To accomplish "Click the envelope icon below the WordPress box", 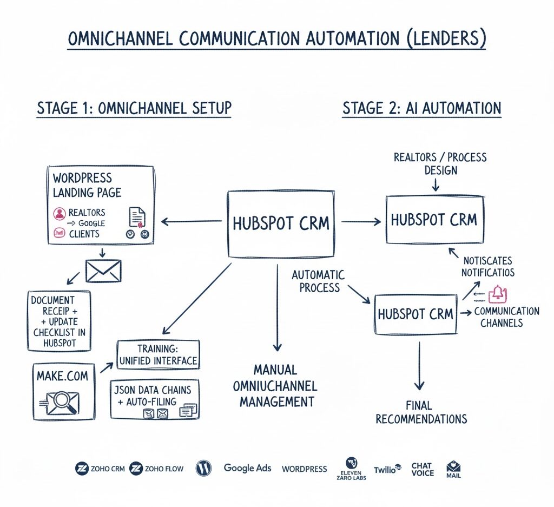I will coord(103,270).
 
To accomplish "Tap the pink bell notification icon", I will coord(497,294).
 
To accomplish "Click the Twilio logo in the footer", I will coord(387,469).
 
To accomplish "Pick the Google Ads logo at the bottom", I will coord(247,468).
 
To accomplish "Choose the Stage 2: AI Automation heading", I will coord(421,108).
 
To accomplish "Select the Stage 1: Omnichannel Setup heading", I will coord(134,108).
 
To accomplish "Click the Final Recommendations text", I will coord(421,412).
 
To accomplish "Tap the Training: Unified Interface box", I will coord(158,354).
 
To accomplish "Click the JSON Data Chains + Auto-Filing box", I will coord(154,399).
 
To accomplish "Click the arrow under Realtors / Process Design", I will coord(436,186).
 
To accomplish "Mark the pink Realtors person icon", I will coord(59,213).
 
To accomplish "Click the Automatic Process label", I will coord(318,280).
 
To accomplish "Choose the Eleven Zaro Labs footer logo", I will coord(352,469).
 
